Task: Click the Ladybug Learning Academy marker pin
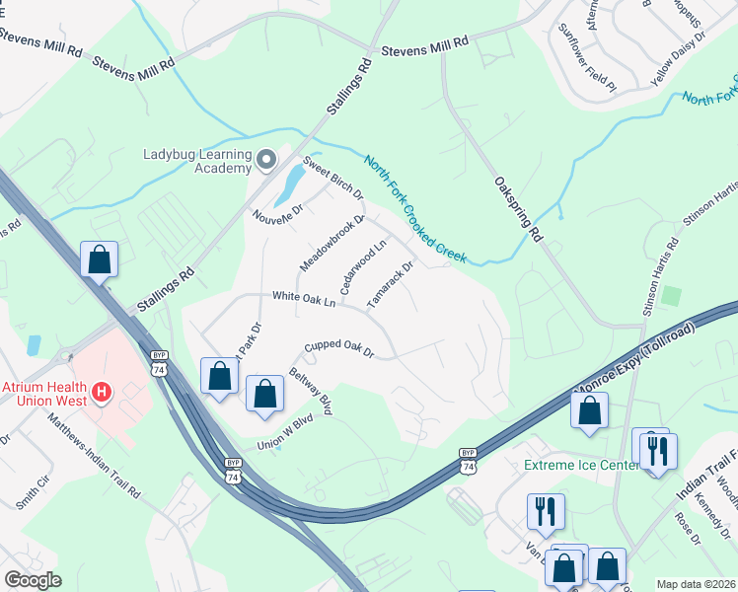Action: (x=266, y=159)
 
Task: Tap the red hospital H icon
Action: (x=100, y=394)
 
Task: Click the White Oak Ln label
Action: (x=304, y=298)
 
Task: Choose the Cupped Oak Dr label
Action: (x=339, y=347)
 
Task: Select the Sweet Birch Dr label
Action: (x=332, y=178)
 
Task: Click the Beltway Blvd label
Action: (x=310, y=392)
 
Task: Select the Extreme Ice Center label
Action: (x=579, y=465)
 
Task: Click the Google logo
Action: (x=33, y=580)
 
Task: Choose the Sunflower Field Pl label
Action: (x=588, y=58)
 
